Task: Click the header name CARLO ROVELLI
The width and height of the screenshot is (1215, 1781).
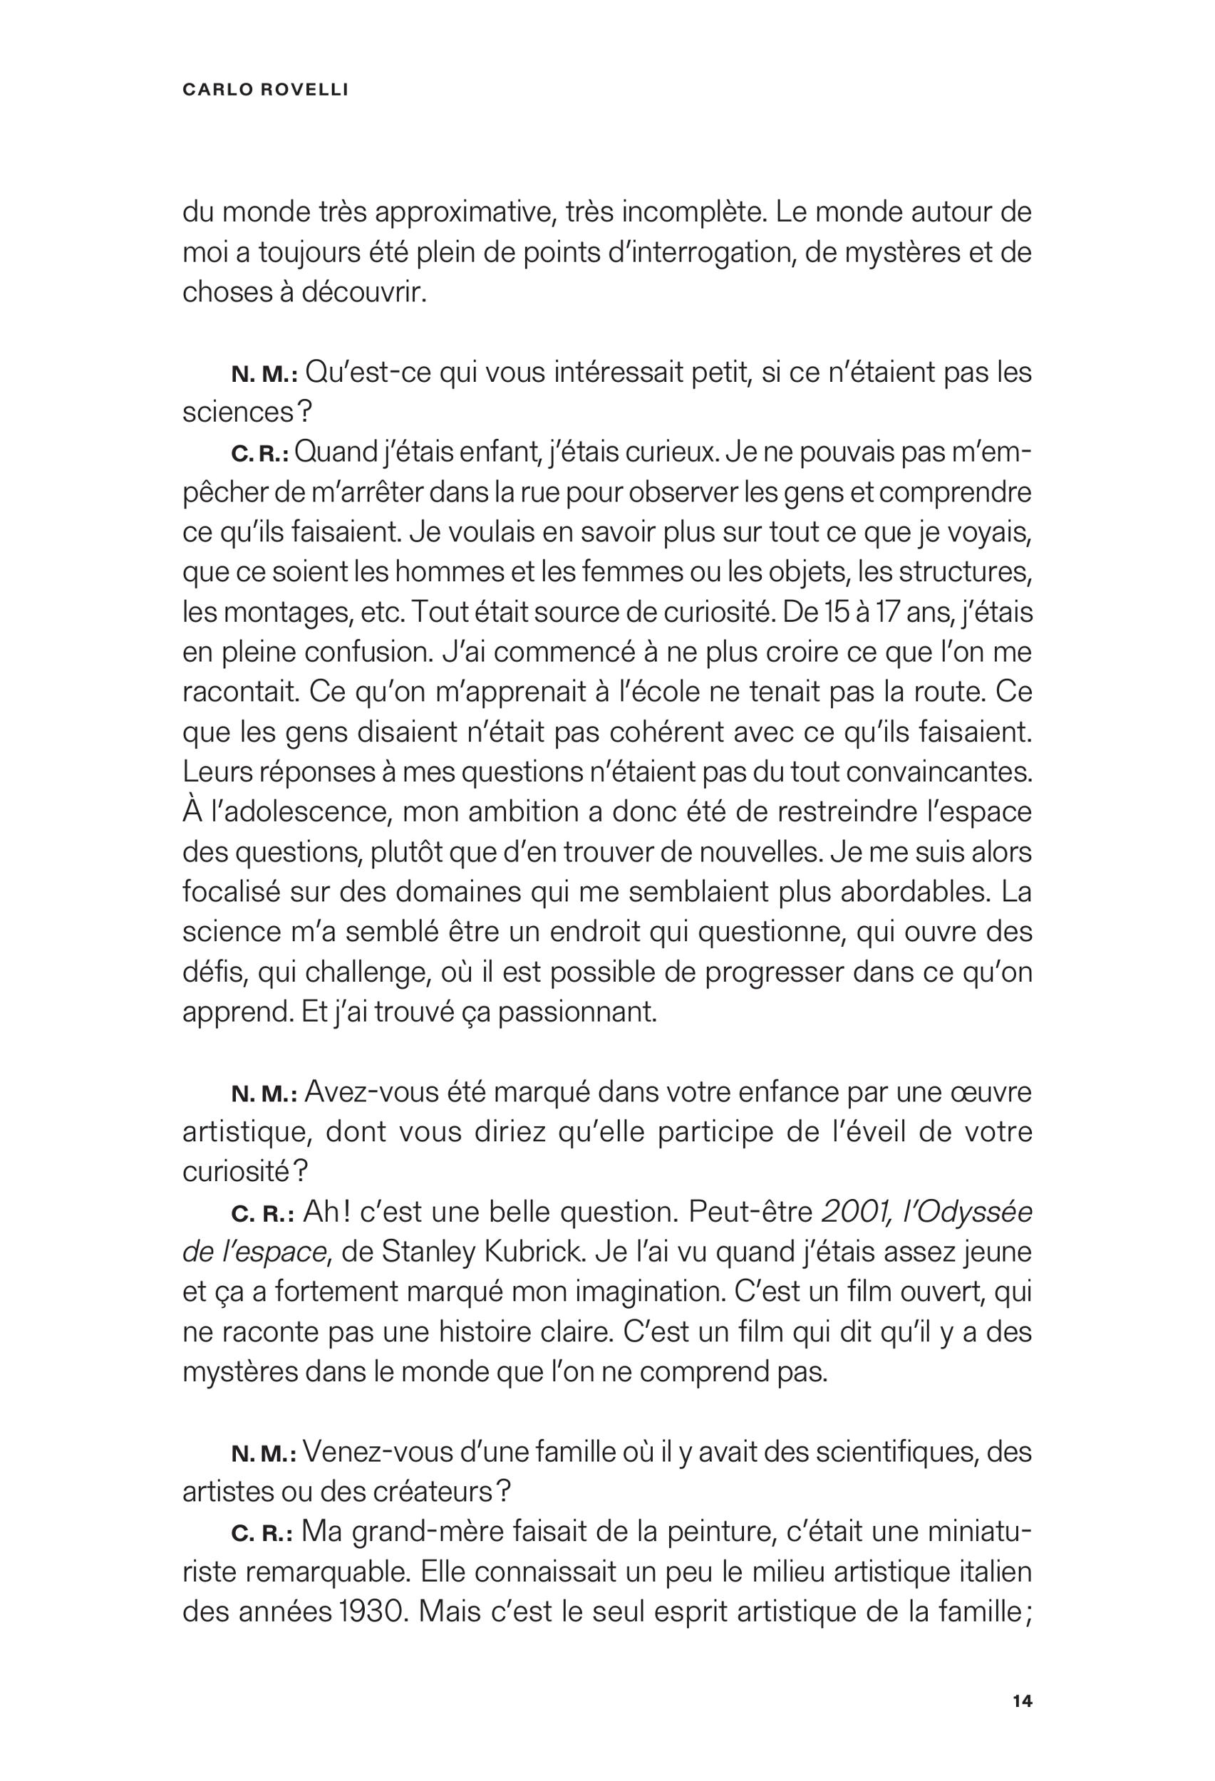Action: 265,90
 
